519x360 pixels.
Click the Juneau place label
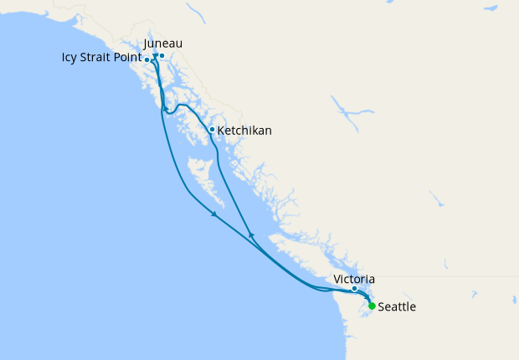(x=163, y=44)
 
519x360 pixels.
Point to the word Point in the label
(x=127, y=59)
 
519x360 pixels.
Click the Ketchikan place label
(x=244, y=131)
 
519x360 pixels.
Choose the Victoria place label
(x=353, y=279)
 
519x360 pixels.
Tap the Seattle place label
(x=397, y=307)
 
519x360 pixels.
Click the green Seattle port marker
(x=372, y=306)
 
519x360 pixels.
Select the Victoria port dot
(x=354, y=289)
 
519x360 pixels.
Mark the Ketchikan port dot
(x=212, y=129)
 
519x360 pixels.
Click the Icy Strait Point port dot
(x=147, y=59)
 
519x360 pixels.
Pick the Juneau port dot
(x=162, y=56)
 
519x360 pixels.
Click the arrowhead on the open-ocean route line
(x=214, y=215)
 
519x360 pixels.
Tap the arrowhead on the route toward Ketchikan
(x=251, y=235)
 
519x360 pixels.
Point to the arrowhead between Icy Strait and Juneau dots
(x=155, y=56)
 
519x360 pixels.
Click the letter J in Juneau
(x=146, y=44)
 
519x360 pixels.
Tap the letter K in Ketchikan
(x=221, y=131)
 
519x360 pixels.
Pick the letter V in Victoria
(x=337, y=279)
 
